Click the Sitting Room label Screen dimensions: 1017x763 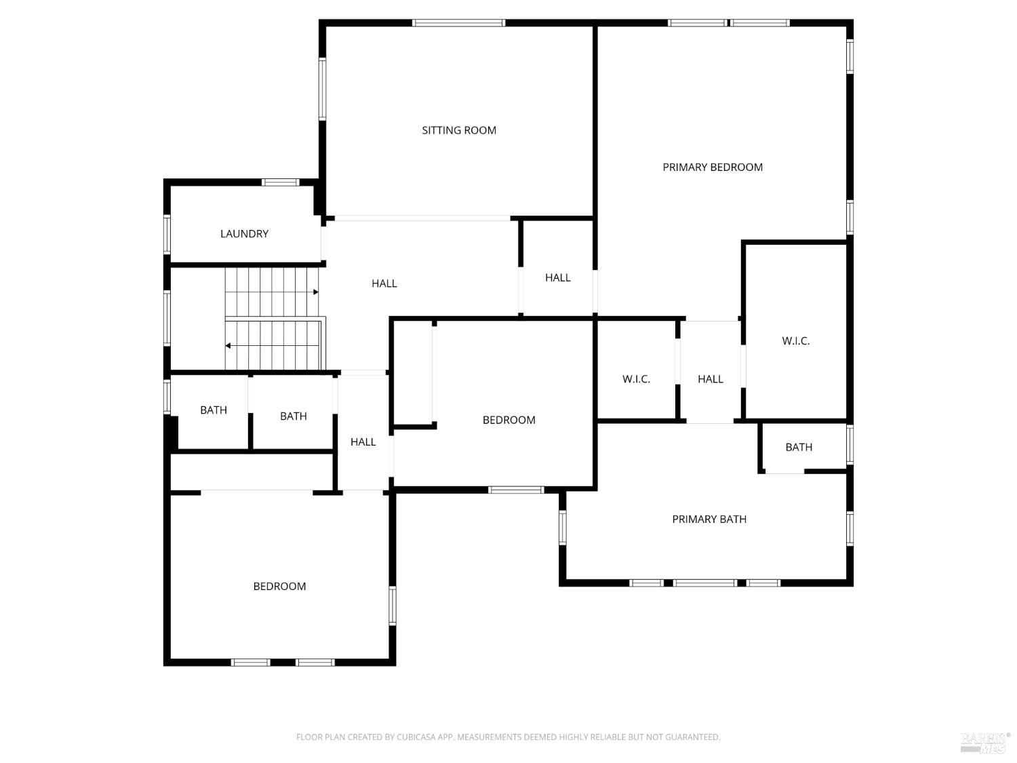pyautogui.click(x=459, y=130)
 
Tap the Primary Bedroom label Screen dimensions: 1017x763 pyautogui.click(x=712, y=168)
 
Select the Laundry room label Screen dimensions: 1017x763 pyautogui.click(x=244, y=233)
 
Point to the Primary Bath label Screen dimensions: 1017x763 pyautogui.click(x=709, y=520)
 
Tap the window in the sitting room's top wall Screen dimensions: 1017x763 pyautogui.click(x=458, y=22)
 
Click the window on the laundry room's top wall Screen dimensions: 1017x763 pyautogui.click(x=280, y=182)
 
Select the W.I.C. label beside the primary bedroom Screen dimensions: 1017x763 pyautogui.click(x=795, y=341)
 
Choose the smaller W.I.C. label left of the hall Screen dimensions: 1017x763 pyautogui.click(x=636, y=379)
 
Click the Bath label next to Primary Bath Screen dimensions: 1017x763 pyautogui.click(x=799, y=447)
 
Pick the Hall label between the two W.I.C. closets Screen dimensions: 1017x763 pyautogui.click(x=711, y=379)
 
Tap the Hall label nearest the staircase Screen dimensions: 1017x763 pyautogui.click(x=384, y=283)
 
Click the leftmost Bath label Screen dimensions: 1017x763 pyautogui.click(x=214, y=410)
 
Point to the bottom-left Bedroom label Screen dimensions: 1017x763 pyautogui.click(x=279, y=586)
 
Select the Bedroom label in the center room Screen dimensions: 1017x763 pyautogui.click(x=509, y=420)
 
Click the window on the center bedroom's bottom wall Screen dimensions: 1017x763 pyautogui.click(x=516, y=490)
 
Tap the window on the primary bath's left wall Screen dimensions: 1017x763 pyautogui.click(x=563, y=527)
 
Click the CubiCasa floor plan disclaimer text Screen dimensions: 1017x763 pyautogui.click(x=508, y=737)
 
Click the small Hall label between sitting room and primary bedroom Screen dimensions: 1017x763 pyautogui.click(x=557, y=277)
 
